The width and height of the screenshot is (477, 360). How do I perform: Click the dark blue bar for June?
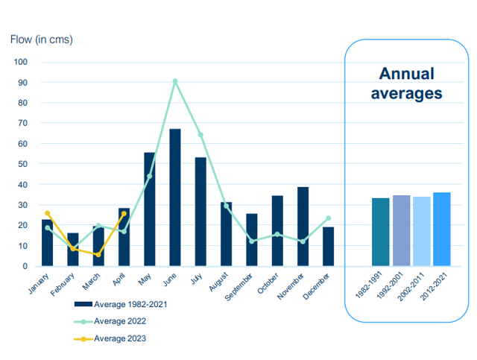tap(175, 198)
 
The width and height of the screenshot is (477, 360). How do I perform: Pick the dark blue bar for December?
tap(328, 247)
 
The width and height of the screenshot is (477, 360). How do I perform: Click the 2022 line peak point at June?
tap(175, 81)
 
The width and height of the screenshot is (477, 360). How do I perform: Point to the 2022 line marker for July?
tap(200, 135)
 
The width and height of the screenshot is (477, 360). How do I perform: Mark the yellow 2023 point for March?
tap(98, 254)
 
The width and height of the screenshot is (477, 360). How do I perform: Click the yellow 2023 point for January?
tap(48, 213)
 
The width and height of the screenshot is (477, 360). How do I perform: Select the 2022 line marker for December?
tap(328, 218)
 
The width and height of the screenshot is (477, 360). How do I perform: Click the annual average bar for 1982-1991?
tap(381, 232)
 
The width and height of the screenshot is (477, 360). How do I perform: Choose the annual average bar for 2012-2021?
tap(442, 230)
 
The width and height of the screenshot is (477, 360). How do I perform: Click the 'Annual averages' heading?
tap(406, 83)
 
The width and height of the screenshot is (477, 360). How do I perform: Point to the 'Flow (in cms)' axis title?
tap(41, 39)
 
